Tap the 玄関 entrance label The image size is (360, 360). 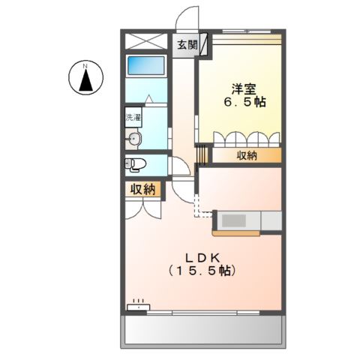tap(187, 45)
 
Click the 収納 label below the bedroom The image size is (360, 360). tap(247, 155)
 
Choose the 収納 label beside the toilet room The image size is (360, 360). tap(142, 189)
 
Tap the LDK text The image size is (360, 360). tap(199, 255)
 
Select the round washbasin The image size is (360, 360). tap(135, 138)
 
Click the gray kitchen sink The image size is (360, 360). tap(235, 221)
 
